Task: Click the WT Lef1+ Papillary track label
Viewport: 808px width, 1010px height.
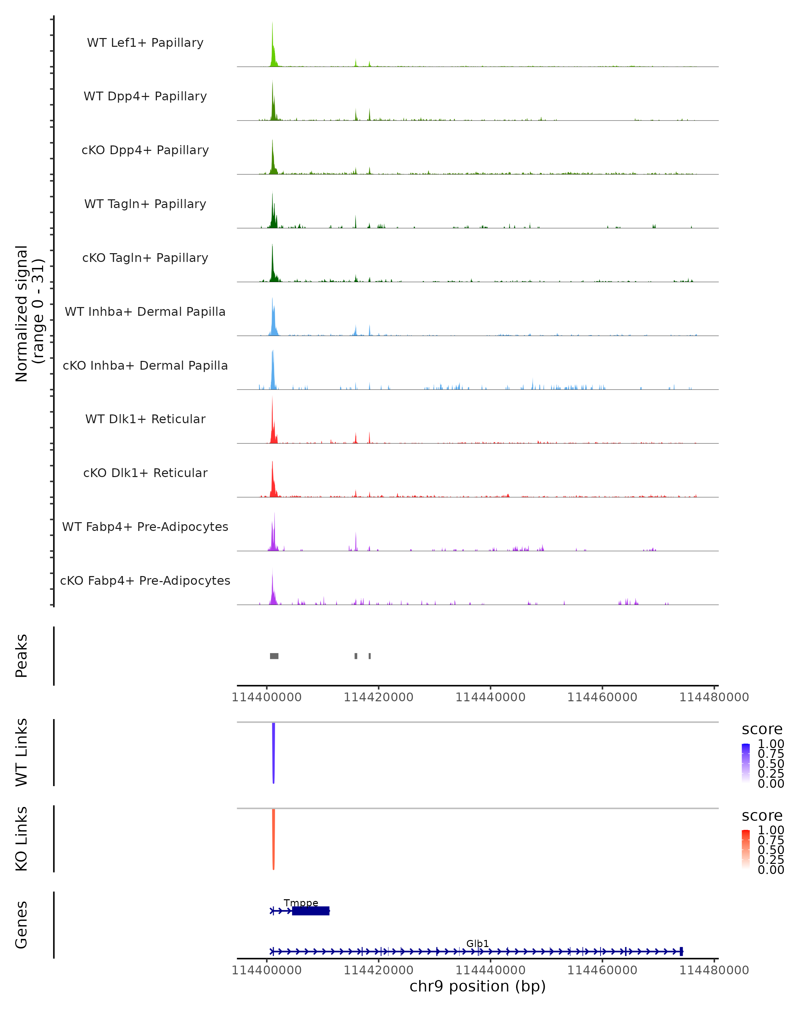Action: click(145, 43)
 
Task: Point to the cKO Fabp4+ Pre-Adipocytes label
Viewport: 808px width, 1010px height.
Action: click(145, 580)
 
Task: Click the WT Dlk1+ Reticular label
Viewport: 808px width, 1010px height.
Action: click(145, 419)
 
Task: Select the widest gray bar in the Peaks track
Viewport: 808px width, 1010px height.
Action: click(274, 656)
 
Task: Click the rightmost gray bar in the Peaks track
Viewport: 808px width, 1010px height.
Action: click(370, 656)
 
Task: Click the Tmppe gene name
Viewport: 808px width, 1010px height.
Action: click(301, 903)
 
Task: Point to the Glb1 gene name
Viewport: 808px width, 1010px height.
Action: click(477, 943)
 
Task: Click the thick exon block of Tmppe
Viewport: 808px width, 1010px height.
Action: click(310, 911)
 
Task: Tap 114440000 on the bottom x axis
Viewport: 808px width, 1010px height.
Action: click(491, 970)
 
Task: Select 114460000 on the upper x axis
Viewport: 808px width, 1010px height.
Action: click(602, 697)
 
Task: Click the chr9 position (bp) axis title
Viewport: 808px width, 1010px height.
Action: click(477, 986)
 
